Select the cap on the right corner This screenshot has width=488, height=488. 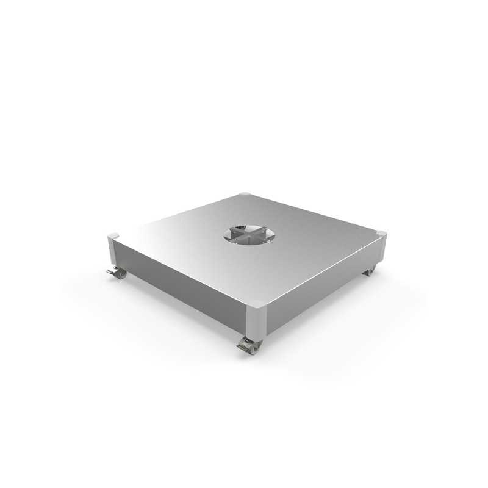(x=381, y=232)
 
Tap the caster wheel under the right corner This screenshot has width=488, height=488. (x=370, y=273)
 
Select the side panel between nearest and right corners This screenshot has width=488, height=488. (x=317, y=285)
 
